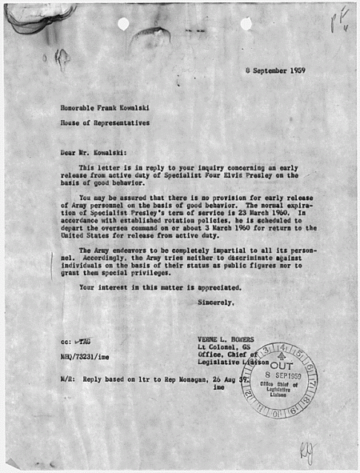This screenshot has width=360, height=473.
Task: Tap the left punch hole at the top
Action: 123,23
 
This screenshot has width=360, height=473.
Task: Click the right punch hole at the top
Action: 246,23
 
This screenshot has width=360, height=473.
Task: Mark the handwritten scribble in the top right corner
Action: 339,20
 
